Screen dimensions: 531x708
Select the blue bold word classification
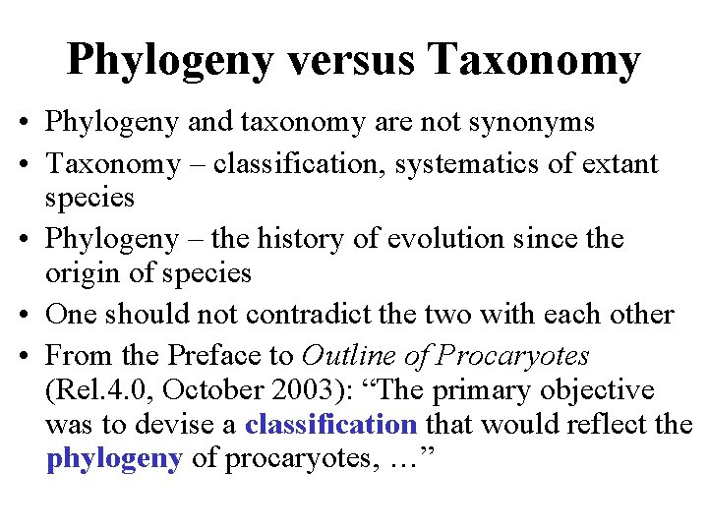tap(331, 425)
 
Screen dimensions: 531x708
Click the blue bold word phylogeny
tap(114, 460)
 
